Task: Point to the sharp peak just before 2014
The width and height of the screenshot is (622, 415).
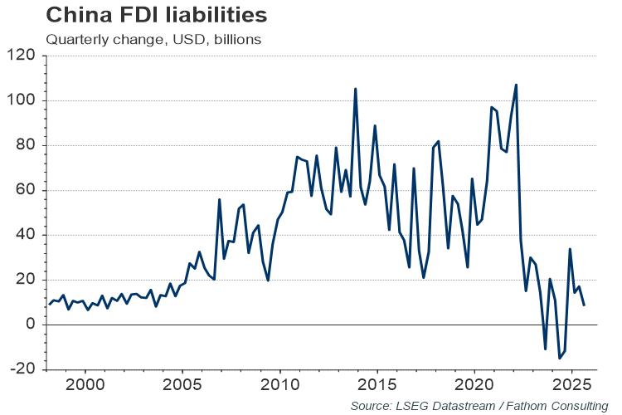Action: pyautogui.click(x=356, y=89)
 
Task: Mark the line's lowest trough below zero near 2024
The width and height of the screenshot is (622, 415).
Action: pyautogui.click(x=560, y=358)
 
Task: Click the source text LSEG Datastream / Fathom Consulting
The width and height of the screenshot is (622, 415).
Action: pyautogui.click(x=479, y=405)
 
